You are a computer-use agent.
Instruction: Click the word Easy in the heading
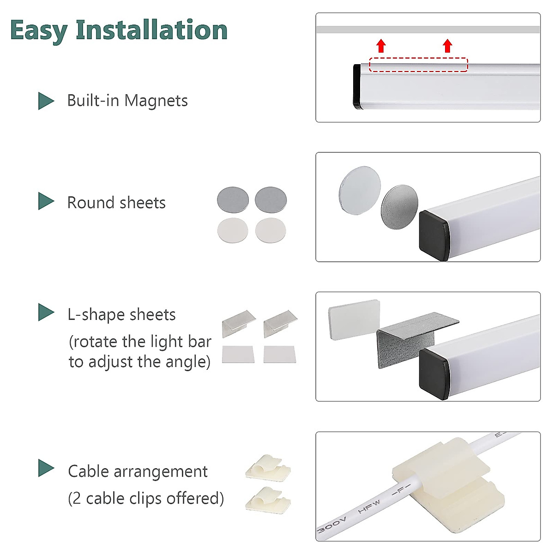(x=39, y=30)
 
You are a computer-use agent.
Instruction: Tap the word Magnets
(x=156, y=101)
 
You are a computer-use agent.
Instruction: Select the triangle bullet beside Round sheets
(x=45, y=201)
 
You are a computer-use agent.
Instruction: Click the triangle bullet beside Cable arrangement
(x=45, y=468)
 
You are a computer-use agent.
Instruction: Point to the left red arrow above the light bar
(x=381, y=46)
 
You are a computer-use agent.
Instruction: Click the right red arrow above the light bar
(x=447, y=46)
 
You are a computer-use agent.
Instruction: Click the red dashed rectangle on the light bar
(x=418, y=65)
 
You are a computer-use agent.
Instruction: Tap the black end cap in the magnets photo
(x=357, y=86)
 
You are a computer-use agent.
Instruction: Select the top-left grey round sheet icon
(x=233, y=199)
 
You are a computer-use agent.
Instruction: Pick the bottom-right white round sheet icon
(x=271, y=230)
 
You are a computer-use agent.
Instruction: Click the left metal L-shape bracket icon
(x=238, y=322)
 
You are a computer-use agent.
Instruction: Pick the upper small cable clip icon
(x=268, y=467)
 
